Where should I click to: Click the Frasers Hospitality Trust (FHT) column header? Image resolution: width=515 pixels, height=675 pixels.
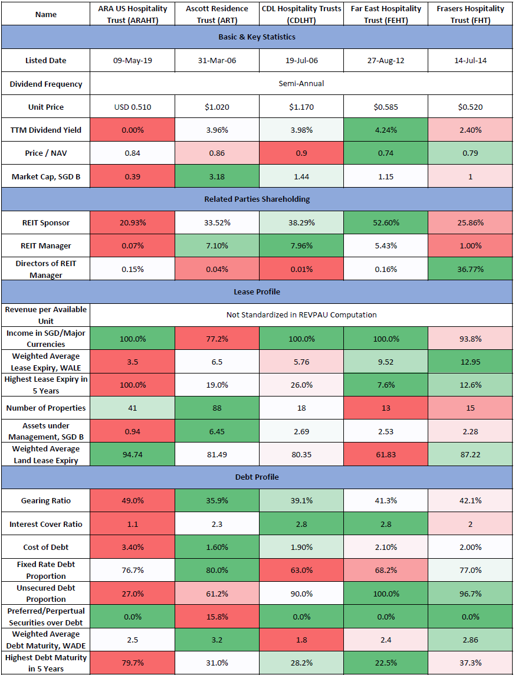pos(470,14)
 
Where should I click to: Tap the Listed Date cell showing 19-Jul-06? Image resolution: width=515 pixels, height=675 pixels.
pos(301,60)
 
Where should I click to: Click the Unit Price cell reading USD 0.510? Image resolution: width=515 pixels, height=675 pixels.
pos(132,107)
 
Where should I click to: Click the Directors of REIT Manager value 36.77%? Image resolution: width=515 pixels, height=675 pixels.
pos(470,268)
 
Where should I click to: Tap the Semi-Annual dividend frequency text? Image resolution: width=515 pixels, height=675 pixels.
pos(301,84)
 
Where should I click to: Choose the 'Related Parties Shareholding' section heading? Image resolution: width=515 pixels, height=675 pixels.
pos(257,199)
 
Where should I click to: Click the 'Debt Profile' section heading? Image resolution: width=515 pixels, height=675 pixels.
pos(257,477)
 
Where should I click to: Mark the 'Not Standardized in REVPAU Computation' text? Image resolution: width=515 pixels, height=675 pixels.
pos(301,315)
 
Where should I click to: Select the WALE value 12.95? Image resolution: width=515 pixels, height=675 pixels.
pos(470,361)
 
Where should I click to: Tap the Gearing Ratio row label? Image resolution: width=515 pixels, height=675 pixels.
pos(45,500)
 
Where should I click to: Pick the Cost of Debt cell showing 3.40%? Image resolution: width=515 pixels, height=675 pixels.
pos(132,546)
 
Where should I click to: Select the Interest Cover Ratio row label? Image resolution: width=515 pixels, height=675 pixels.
pos(45,524)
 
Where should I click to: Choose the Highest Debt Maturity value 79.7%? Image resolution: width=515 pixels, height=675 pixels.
pos(132,663)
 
